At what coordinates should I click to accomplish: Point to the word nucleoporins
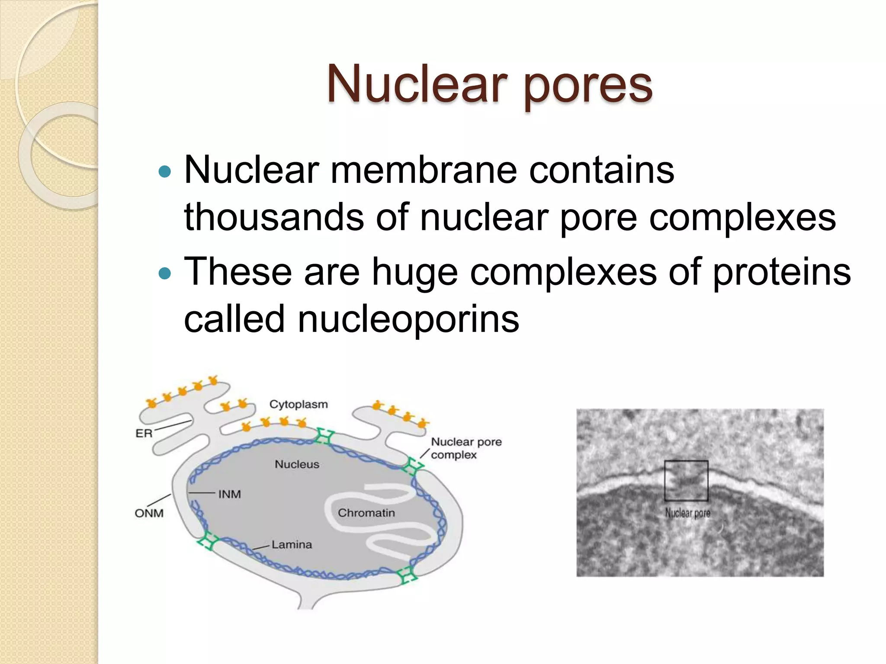point(408,319)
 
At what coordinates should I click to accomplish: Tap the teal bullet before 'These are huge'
point(165,274)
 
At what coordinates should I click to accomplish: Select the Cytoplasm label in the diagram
point(299,405)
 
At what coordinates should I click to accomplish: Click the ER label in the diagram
point(144,433)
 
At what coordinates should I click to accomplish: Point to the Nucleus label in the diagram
point(297,464)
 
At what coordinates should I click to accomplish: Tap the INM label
point(229,494)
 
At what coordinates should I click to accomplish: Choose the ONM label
point(149,513)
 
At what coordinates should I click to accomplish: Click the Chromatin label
point(366,513)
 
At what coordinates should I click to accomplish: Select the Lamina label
point(292,545)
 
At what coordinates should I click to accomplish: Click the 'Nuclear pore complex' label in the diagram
point(466,448)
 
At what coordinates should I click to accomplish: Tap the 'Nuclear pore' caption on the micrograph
point(687,513)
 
